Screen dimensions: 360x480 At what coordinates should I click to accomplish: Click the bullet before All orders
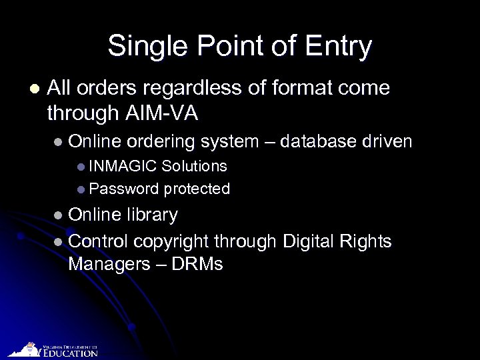tap(34, 89)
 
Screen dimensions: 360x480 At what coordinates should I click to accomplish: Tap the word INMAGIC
tap(123, 165)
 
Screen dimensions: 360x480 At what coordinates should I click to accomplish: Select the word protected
tap(197, 189)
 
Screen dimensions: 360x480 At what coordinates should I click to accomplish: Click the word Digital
tap(313, 240)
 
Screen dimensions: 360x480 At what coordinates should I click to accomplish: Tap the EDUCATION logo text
tap(71, 353)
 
